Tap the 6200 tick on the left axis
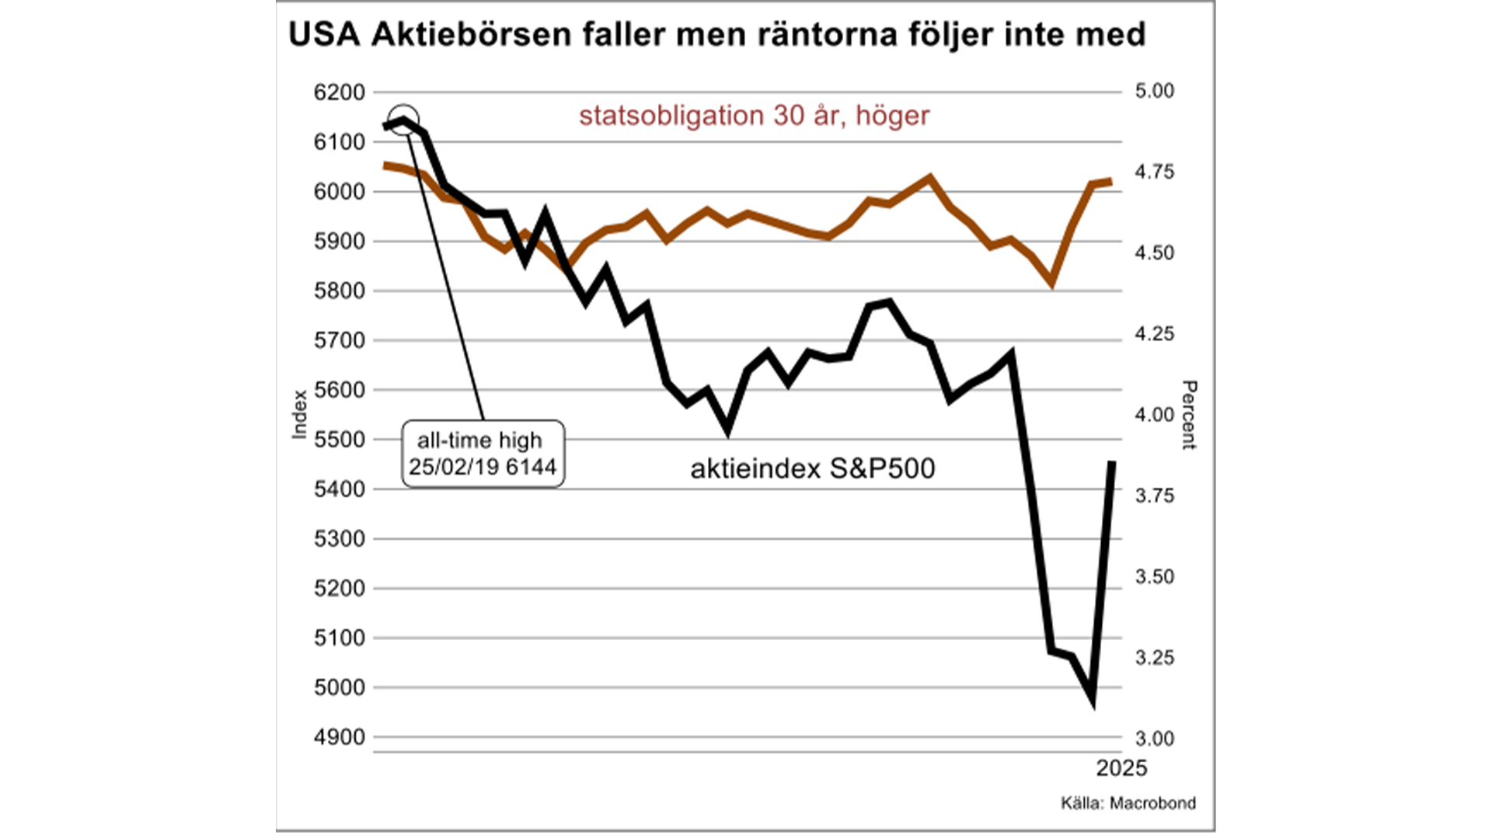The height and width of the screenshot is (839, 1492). point(339,92)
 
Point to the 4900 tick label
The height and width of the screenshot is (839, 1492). point(339,737)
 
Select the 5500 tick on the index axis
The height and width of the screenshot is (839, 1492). point(339,440)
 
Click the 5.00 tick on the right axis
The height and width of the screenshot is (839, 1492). point(1155,91)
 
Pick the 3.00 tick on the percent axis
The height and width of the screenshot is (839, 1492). point(1155,739)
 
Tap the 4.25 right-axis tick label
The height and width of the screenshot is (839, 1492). point(1155,334)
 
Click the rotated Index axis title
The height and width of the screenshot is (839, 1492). point(299,414)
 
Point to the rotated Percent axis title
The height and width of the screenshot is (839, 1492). point(1189,415)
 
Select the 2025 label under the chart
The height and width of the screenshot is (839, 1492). point(1121,768)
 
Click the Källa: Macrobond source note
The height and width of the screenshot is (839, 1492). point(1128,803)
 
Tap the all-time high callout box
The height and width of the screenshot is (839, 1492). point(483,454)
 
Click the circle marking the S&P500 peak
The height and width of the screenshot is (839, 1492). point(403,120)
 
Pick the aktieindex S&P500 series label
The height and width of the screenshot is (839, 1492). point(813,468)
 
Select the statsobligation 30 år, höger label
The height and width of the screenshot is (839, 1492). point(754,116)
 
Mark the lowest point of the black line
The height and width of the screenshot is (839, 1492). point(1093,700)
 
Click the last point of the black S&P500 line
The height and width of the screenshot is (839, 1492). point(1112,462)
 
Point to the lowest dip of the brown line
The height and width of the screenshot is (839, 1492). point(1052,283)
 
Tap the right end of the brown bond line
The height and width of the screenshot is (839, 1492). point(1110,182)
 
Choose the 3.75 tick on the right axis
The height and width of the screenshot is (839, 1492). point(1155,496)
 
